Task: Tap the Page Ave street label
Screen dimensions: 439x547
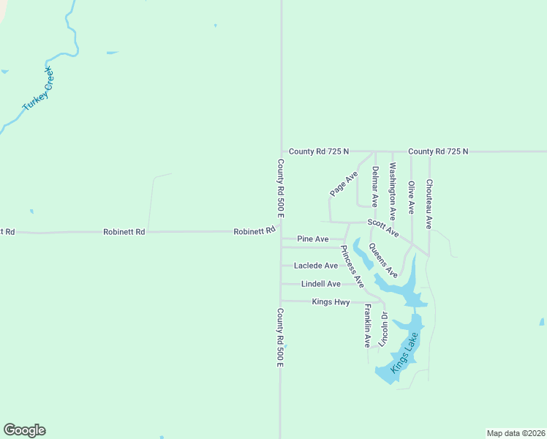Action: [x=343, y=184]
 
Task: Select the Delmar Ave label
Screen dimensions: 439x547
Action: [x=374, y=186]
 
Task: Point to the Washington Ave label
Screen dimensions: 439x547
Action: [x=393, y=192]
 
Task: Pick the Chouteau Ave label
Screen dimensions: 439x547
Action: [x=429, y=203]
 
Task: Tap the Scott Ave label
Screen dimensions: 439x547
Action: [x=383, y=228]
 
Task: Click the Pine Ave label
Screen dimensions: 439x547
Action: [x=313, y=239]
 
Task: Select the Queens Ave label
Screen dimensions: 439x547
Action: [x=382, y=260]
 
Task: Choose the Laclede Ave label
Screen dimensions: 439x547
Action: [x=316, y=266]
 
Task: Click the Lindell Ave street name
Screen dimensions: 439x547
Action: [x=321, y=284]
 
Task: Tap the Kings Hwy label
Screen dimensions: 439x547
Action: [x=331, y=301]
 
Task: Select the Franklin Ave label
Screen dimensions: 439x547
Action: [x=367, y=326]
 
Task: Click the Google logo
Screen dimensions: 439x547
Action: [x=24, y=430]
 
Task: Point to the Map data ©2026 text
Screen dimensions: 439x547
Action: [x=516, y=433]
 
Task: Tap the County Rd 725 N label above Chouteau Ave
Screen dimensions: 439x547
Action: [x=438, y=151]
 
